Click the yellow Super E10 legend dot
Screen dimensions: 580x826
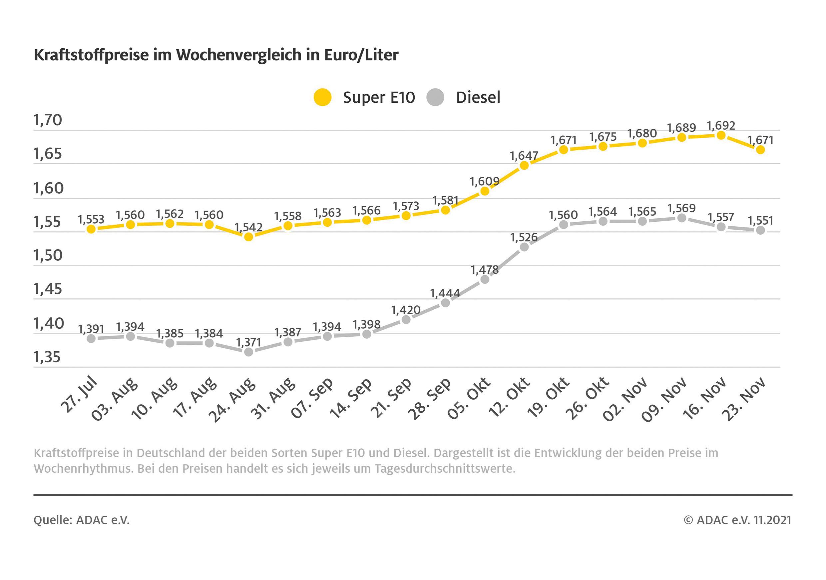coord(322,97)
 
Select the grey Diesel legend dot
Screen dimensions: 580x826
coord(435,97)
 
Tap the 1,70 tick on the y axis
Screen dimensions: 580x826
coord(48,120)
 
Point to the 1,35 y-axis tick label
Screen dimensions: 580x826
coord(47,357)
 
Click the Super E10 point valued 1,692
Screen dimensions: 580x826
coord(721,135)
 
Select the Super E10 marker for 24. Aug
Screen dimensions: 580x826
coord(248,237)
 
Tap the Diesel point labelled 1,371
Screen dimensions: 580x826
coord(248,352)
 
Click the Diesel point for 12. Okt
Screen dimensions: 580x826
coord(525,247)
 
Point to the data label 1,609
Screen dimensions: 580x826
coord(485,181)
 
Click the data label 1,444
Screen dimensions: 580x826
coord(445,293)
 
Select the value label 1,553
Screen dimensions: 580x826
coord(91,219)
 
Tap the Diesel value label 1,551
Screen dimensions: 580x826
coord(760,220)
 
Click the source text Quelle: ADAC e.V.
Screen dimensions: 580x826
coord(81,520)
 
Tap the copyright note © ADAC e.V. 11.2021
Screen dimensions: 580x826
coord(737,520)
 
